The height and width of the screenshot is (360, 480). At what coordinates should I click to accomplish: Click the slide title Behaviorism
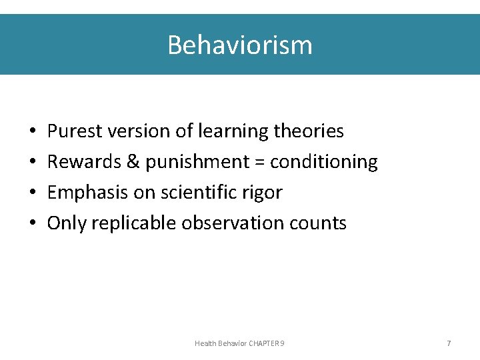239,45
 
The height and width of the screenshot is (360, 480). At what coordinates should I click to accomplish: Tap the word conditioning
324,162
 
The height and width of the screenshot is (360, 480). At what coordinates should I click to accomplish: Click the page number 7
449,343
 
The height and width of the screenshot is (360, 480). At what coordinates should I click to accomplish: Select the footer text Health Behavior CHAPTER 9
239,343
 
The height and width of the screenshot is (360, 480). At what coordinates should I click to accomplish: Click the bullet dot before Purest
32,132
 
